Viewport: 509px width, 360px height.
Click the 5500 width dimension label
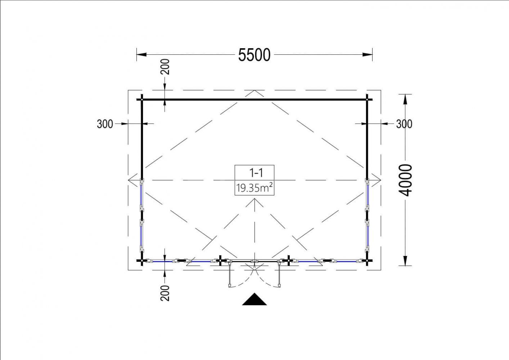(254, 55)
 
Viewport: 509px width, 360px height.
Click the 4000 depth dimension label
(405, 180)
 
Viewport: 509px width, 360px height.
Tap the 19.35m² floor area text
(254, 188)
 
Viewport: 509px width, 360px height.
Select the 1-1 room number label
(256, 173)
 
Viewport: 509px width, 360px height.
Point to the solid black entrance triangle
(254, 299)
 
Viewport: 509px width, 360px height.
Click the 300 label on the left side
(105, 124)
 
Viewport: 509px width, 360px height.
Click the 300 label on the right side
(404, 124)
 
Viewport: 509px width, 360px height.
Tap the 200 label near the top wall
(165, 67)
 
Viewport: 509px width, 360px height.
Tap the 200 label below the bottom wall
(165, 293)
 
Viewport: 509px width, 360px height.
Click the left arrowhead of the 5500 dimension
(141, 55)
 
